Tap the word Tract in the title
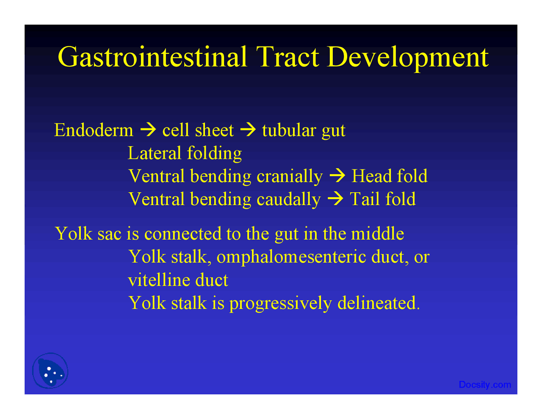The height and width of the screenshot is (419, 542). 288,57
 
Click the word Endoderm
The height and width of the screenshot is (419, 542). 94,130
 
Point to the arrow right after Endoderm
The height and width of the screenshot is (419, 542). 148,130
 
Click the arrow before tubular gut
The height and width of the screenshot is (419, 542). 248,130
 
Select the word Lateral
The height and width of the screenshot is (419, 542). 154,153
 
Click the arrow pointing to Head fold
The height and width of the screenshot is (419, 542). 337,176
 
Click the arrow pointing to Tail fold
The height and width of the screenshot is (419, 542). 335,199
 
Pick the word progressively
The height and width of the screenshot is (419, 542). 280,304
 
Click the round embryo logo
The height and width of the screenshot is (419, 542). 50,371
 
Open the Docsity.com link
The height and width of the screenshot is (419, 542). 484,385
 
